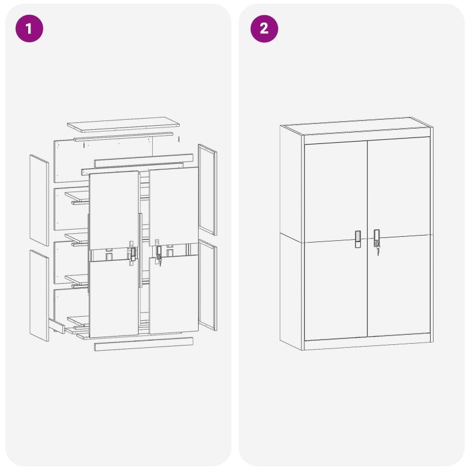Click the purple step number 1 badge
pos(29,28)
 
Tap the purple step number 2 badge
pos(264,28)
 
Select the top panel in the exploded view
pos(123,125)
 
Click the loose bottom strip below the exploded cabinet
pos(143,344)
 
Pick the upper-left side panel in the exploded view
pos(39,200)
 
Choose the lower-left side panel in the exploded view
pos(39,296)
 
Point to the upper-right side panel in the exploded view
pos(207,189)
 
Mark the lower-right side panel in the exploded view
pos(207,285)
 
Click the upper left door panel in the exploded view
pos(114,210)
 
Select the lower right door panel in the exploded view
pos(173,295)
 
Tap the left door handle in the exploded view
pos(133,254)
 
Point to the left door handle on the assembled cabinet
pos(358,239)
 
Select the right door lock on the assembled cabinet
pos(377,239)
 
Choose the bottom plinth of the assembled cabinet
pos(368,345)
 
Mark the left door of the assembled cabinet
pos(336,241)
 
